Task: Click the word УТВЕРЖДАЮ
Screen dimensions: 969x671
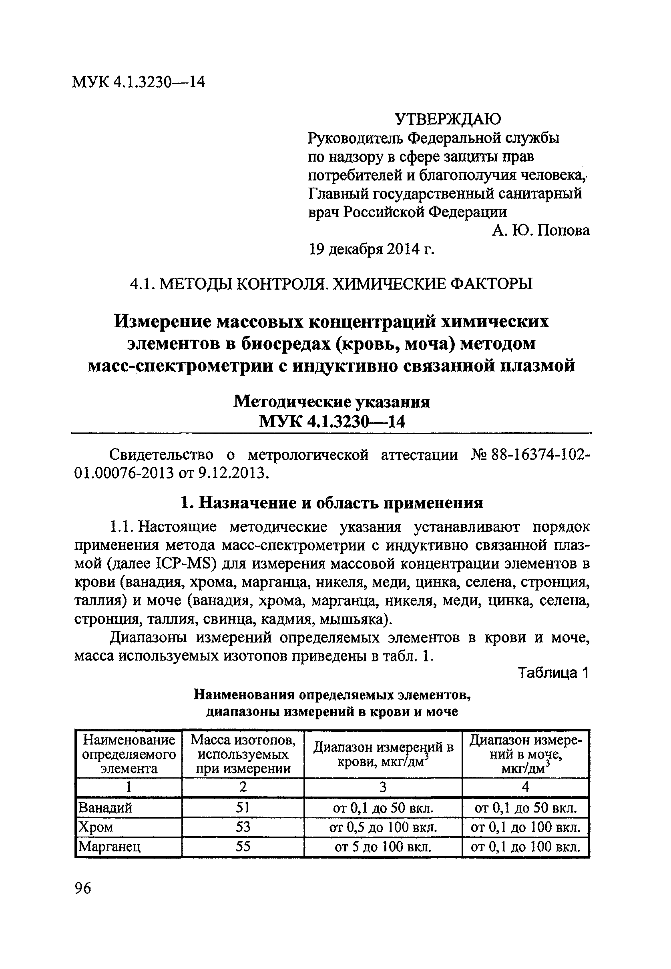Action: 448,119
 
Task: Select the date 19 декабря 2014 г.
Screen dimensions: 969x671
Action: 371,250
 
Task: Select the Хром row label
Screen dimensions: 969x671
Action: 96,827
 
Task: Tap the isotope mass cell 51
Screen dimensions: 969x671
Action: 243,807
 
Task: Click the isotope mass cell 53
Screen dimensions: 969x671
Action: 243,827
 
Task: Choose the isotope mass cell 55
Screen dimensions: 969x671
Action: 243,846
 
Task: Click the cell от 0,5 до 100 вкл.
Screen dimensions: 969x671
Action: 383,827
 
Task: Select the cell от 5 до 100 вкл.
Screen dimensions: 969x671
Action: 383,846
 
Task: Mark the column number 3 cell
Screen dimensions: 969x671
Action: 383,787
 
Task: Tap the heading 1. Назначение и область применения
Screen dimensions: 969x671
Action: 332,503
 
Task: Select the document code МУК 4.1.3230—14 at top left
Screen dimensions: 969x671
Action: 139,82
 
